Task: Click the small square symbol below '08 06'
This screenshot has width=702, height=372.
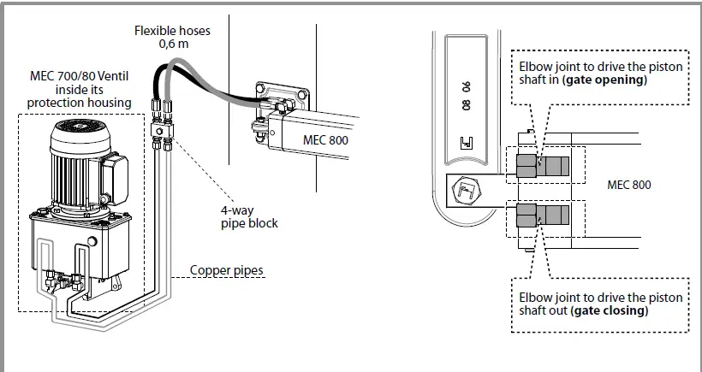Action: [x=467, y=144]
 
